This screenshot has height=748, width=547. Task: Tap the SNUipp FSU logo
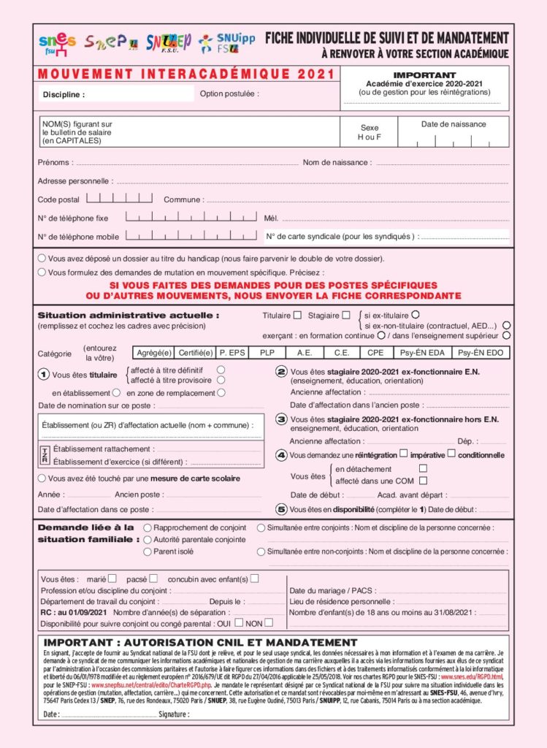(x=227, y=43)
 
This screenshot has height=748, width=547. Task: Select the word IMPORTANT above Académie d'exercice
(x=424, y=75)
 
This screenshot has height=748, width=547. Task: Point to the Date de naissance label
(x=454, y=124)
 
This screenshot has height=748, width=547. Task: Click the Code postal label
(x=58, y=199)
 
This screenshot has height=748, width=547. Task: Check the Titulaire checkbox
(x=297, y=316)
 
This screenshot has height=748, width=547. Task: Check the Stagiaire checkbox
(x=345, y=316)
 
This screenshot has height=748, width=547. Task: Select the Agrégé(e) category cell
(x=154, y=353)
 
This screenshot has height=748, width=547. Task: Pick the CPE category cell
(x=375, y=353)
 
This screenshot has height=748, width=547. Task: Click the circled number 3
(x=281, y=419)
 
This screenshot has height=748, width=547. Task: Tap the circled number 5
(x=281, y=509)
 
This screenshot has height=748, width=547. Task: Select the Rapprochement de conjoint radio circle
(x=148, y=527)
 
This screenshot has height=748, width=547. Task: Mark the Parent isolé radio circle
(x=148, y=552)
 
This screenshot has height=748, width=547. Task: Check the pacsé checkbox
(x=152, y=579)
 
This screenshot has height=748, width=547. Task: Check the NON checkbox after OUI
(x=269, y=623)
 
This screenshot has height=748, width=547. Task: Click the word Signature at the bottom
(x=174, y=714)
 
